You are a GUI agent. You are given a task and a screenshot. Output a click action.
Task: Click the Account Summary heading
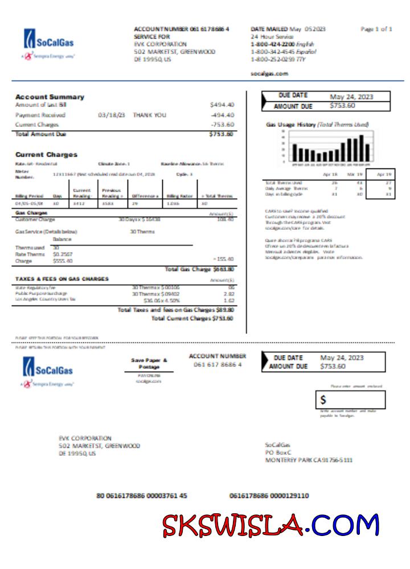50,97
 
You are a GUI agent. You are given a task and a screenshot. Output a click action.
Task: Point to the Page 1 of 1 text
376,29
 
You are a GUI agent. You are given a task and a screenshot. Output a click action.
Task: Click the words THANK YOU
150,115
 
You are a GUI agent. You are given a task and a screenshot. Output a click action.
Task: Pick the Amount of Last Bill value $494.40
222,105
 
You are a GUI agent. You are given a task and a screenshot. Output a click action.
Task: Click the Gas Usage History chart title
317,124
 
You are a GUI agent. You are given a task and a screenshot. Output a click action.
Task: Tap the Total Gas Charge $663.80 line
199,269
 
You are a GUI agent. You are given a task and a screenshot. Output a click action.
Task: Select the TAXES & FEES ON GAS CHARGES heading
62,279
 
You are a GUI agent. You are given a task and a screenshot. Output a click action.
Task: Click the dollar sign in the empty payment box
323,400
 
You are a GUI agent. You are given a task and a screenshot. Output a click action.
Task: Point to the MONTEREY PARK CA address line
308,460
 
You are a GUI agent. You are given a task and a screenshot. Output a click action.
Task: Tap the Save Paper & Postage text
149,364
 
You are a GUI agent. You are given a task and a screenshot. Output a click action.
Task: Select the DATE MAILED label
269,29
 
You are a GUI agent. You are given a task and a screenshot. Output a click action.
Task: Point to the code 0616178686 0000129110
269,496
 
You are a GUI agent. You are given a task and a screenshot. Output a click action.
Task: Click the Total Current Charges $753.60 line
192,319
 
